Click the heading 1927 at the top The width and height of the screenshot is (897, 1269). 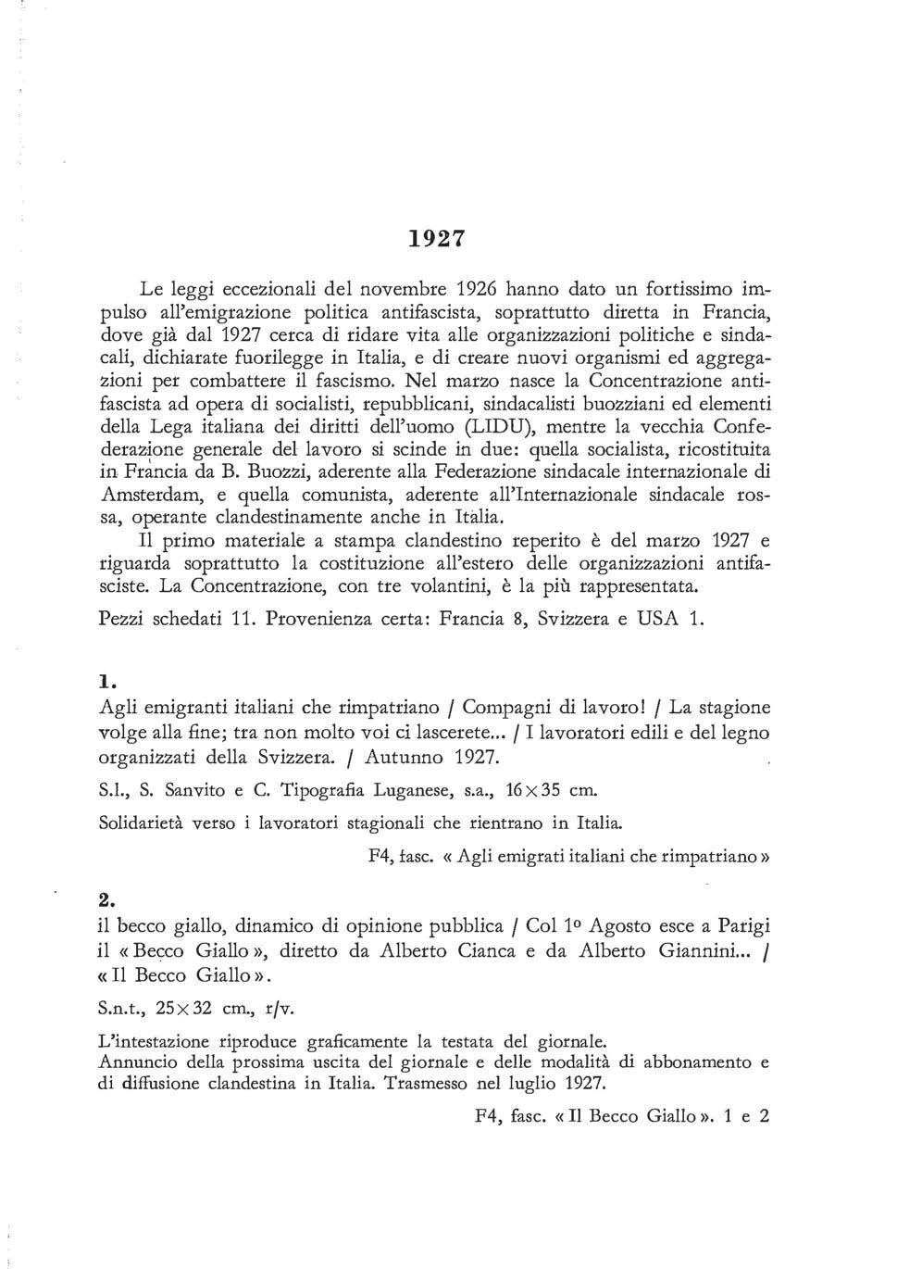tap(436, 238)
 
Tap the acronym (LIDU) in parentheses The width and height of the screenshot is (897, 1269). tap(499, 426)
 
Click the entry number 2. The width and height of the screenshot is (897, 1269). tap(106, 899)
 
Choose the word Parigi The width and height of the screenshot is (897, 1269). tap(739, 925)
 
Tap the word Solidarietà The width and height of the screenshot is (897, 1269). tap(141, 823)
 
